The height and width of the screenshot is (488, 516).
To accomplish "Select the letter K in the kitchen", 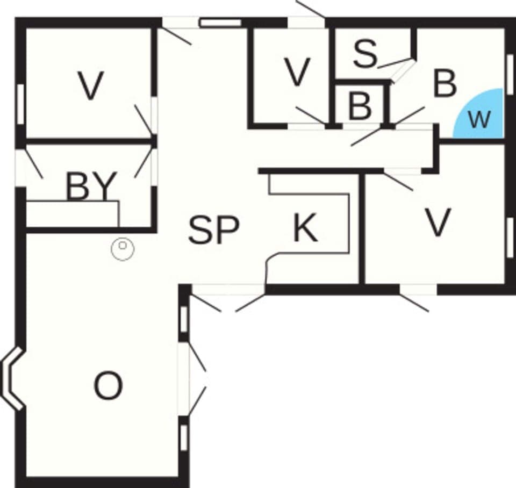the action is click(x=305, y=228).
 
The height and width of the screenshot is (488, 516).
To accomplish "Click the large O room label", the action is click(x=108, y=386).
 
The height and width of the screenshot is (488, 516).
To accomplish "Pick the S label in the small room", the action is click(x=365, y=53).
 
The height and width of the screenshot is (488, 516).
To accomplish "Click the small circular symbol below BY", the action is click(x=123, y=249).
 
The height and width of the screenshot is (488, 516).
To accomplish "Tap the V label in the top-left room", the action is click(x=90, y=86).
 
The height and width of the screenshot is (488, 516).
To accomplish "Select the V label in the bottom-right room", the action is click(x=438, y=223).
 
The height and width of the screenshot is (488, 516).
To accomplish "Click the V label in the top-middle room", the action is click(x=297, y=72).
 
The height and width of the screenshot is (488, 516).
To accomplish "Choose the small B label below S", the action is click(x=360, y=106).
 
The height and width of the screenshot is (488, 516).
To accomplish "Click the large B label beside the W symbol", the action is click(x=445, y=84).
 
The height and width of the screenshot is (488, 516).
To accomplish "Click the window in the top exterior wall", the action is click(x=220, y=23).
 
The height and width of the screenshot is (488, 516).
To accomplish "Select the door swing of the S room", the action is click(x=397, y=65).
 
